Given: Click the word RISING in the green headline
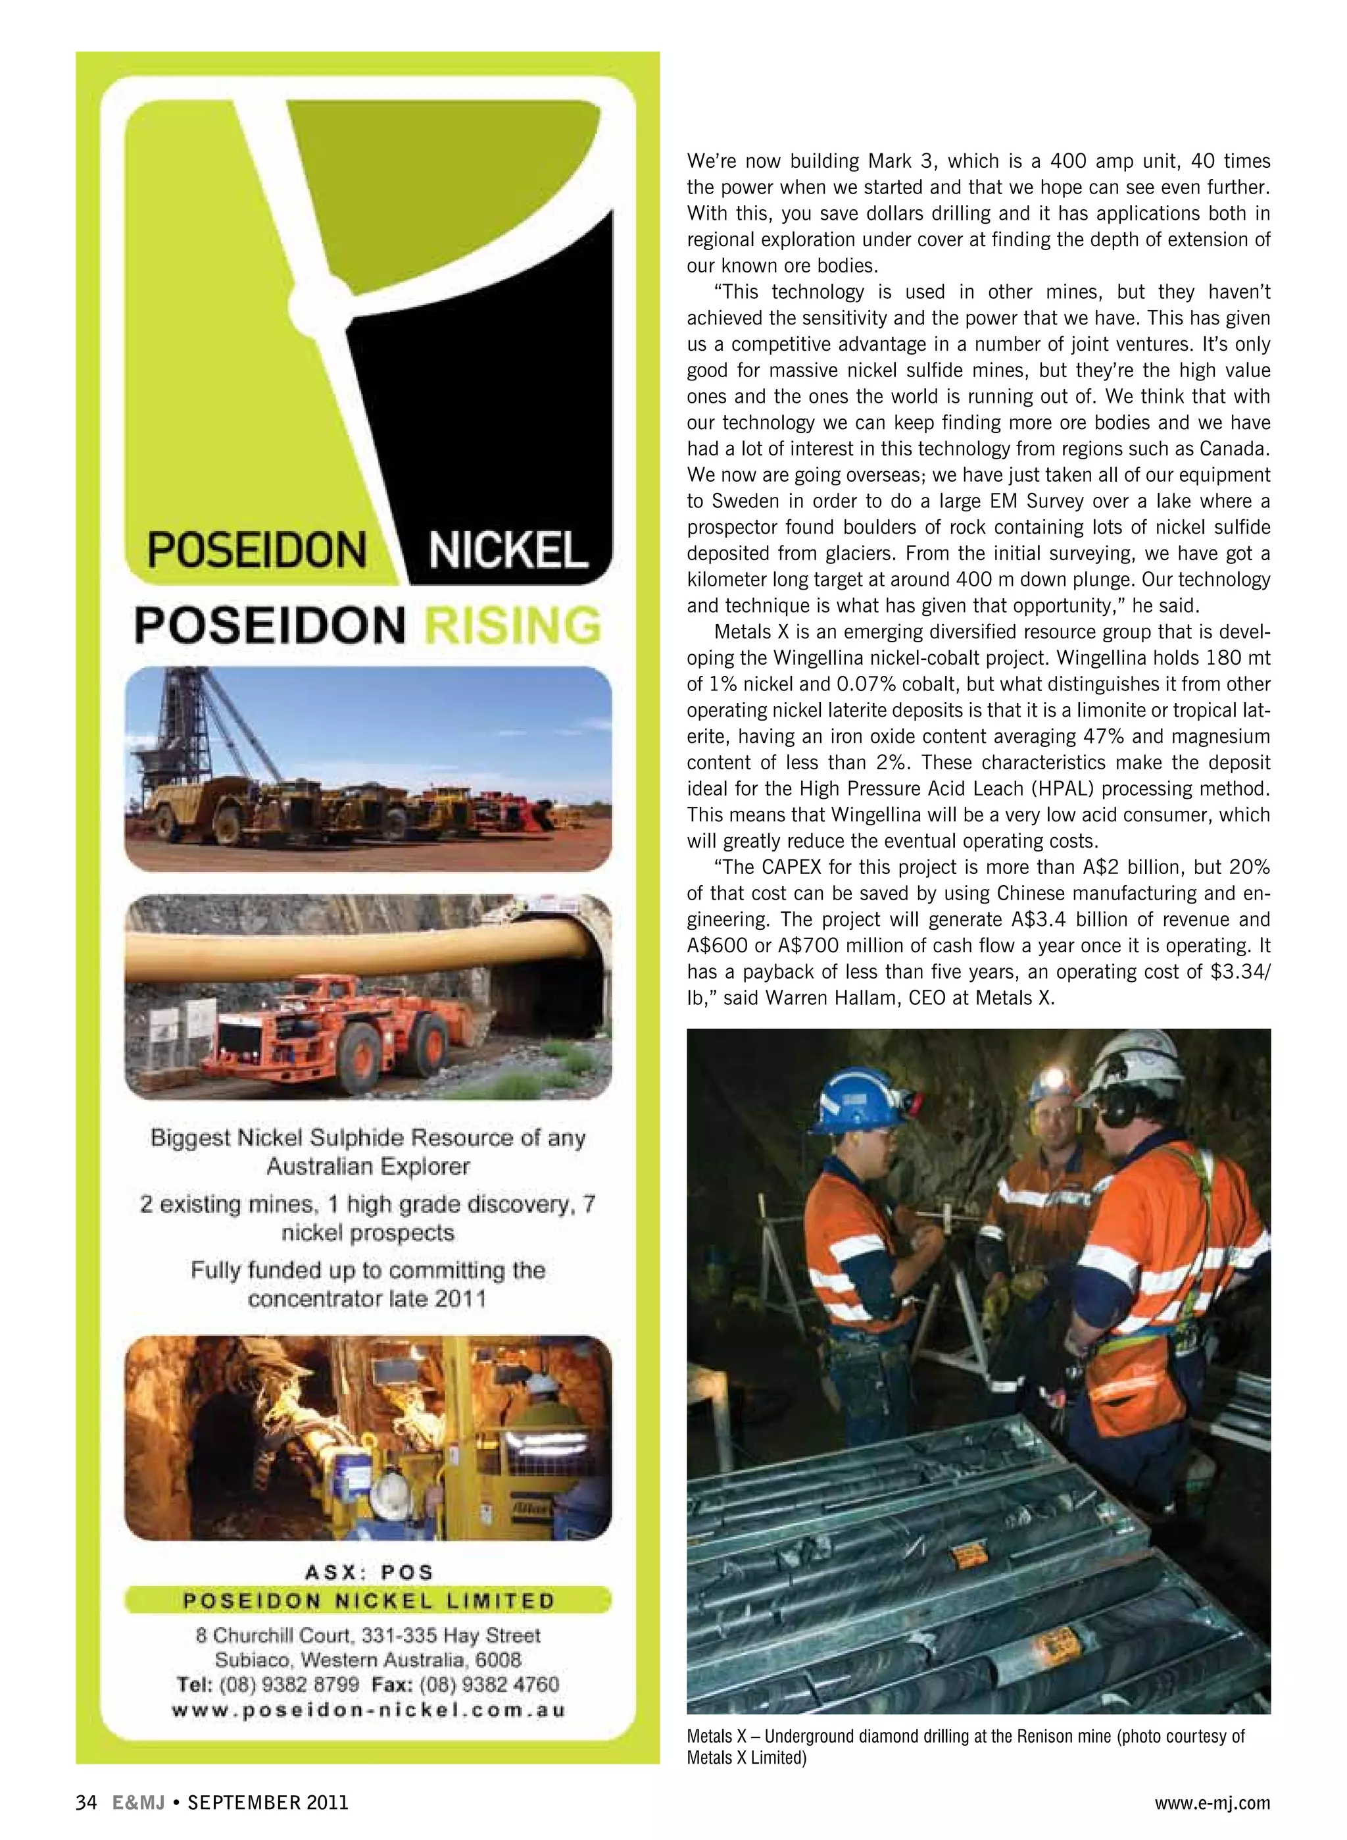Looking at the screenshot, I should (514, 626).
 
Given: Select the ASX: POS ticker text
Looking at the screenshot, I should (368, 1572).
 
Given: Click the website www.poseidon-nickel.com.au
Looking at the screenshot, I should (368, 1710).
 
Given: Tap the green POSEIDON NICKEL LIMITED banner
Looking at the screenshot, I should (368, 1600).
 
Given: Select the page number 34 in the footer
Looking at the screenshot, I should (86, 1802).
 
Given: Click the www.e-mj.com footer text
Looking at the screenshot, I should (1212, 1802).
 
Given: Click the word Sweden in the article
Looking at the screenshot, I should (745, 501).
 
